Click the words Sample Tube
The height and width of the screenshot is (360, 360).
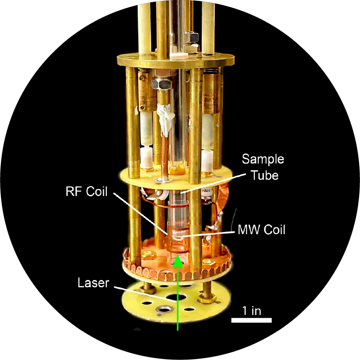263,166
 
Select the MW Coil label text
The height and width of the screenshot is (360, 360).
261,230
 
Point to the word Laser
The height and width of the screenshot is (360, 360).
93,283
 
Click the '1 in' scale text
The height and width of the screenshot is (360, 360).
251,310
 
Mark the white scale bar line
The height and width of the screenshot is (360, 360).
251,320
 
